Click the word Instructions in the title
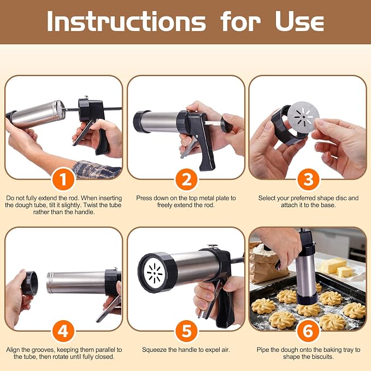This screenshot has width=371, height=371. (126, 21)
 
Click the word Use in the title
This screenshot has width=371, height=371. (299, 21)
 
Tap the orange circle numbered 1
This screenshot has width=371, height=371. (63, 179)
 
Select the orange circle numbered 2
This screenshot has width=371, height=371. (186, 179)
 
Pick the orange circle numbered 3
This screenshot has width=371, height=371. (308, 179)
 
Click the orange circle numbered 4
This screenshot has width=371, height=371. (63, 331)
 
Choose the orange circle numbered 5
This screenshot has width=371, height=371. (186, 331)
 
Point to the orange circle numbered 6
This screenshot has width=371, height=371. (308, 331)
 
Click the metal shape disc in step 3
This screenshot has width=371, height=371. (303, 115)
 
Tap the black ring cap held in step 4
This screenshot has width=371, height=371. (30, 283)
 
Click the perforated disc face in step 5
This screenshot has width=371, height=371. (155, 273)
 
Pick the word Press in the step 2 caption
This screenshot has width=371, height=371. (143, 198)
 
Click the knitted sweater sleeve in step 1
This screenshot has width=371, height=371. (97, 169)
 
